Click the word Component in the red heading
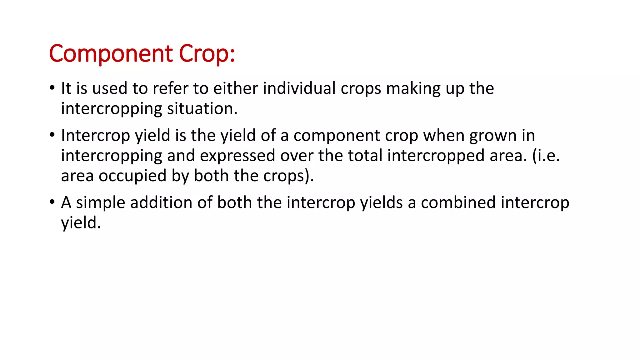(x=111, y=54)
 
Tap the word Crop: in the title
(x=207, y=54)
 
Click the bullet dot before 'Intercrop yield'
(x=52, y=135)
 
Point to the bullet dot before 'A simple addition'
(x=52, y=202)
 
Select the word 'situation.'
(x=202, y=109)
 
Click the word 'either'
(x=235, y=88)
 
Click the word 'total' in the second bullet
(x=365, y=156)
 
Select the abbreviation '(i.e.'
(x=546, y=156)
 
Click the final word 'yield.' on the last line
(x=81, y=223)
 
